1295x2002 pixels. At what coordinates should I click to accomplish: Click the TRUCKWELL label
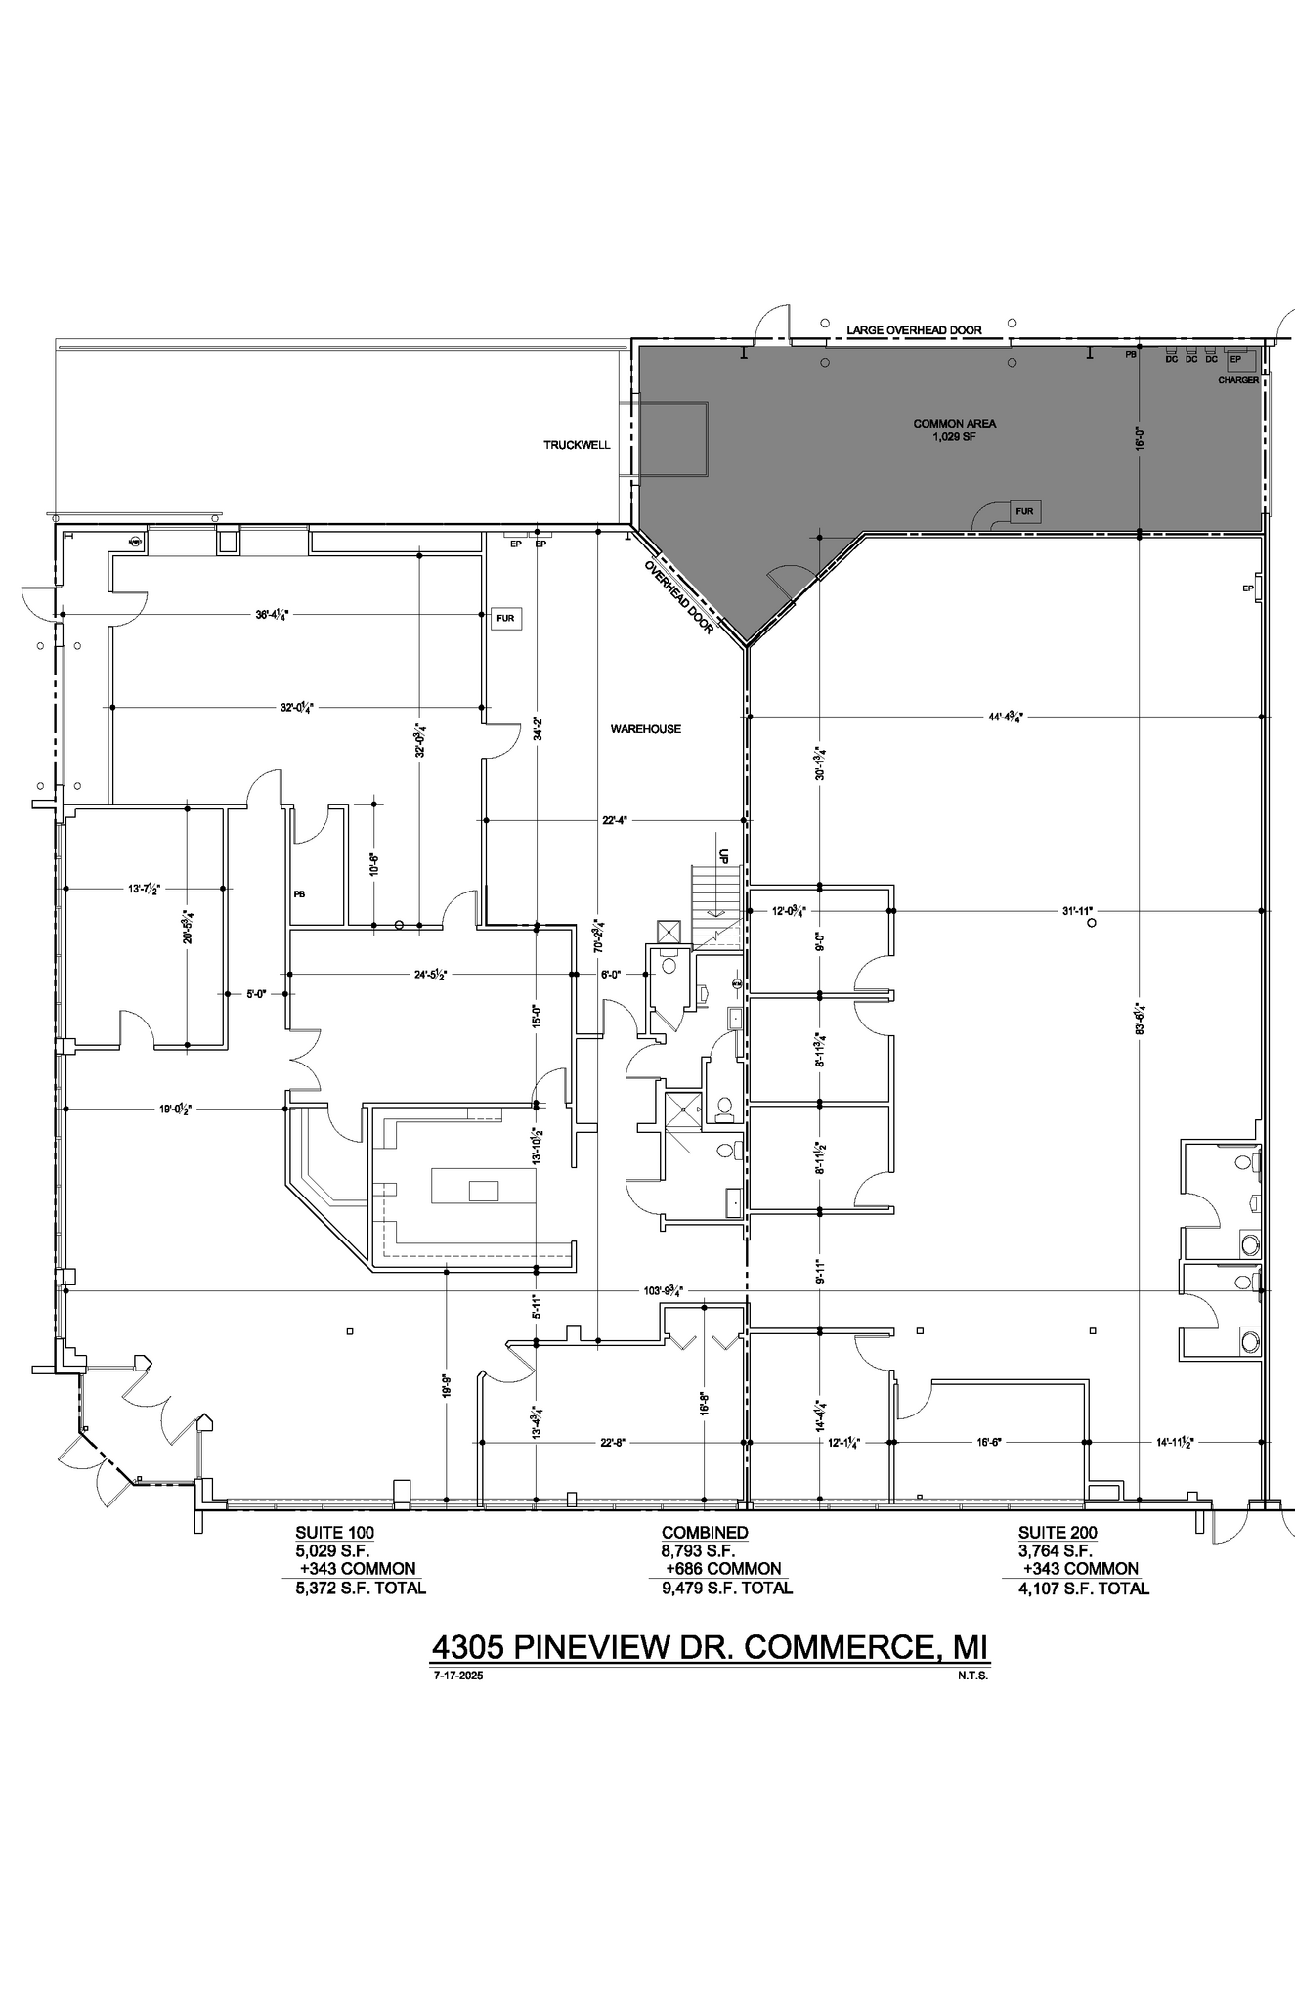(x=577, y=445)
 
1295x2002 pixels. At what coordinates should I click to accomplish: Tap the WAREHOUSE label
(x=645, y=729)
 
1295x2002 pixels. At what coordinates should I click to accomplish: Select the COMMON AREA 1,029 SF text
(x=954, y=430)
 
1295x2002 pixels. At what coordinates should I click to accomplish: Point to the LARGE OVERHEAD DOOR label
(x=914, y=330)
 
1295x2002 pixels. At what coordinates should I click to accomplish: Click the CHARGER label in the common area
(x=1237, y=380)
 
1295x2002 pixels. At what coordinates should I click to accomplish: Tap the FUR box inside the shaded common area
(x=1024, y=511)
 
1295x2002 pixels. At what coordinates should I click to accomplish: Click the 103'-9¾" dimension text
(x=663, y=1290)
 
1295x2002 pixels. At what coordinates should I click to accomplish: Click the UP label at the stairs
(x=724, y=855)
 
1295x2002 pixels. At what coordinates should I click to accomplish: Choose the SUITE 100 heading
(x=334, y=1533)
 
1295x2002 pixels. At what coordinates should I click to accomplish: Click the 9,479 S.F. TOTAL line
(x=726, y=1588)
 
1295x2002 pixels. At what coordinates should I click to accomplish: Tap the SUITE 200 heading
(x=1057, y=1533)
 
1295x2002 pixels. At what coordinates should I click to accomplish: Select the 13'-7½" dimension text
(x=144, y=889)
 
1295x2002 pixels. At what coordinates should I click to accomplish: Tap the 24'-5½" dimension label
(x=430, y=975)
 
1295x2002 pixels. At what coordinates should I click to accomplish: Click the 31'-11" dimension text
(x=1081, y=910)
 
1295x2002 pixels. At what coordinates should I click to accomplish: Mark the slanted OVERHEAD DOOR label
(x=679, y=597)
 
